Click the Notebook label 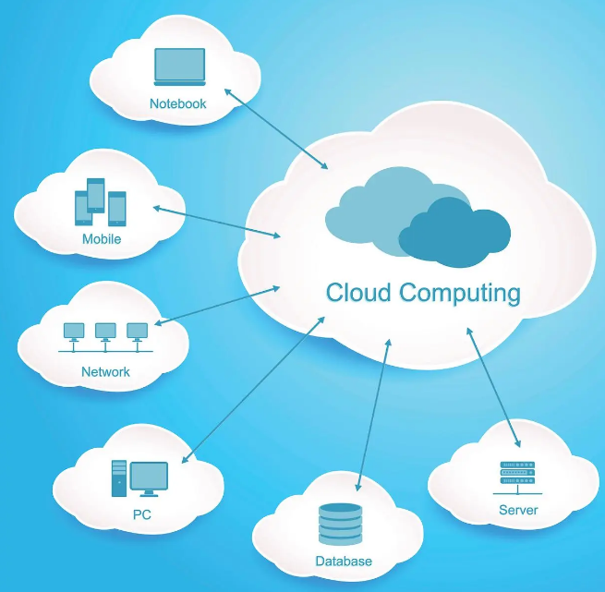[178, 103]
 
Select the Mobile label [102, 239]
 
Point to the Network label [105, 372]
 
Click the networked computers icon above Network [105, 336]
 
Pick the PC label [141, 514]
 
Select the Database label [344, 561]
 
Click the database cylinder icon [341, 525]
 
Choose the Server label [517, 510]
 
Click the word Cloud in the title [359, 294]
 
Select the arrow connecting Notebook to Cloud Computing [276, 128]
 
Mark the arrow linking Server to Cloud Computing [492, 387]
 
